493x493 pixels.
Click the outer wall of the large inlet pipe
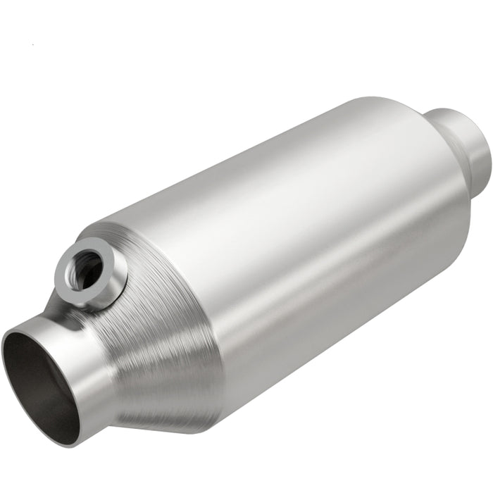point(88,380)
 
